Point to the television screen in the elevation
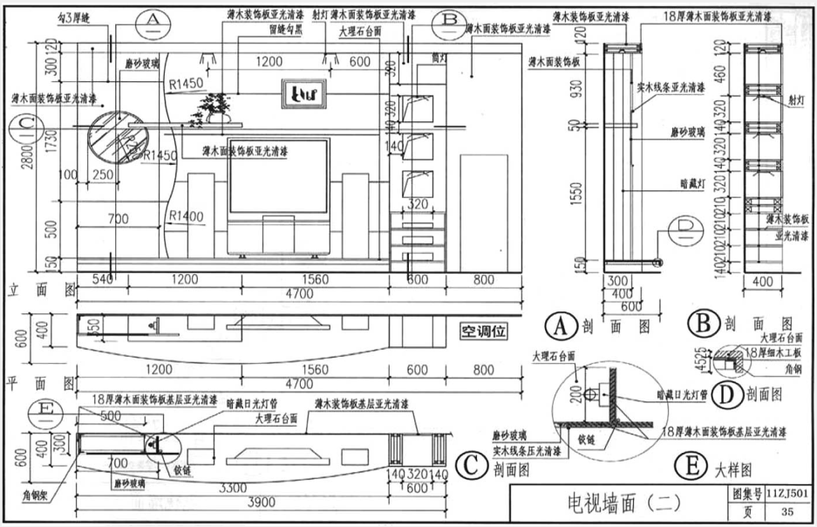pos(278,175)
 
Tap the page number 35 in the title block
pos(787,512)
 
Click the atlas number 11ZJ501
pos(788,495)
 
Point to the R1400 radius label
pos(186,216)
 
